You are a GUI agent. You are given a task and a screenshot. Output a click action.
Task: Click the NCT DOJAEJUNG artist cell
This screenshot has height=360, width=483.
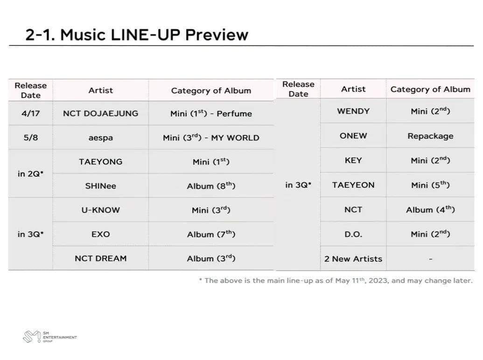click(x=100, y=113)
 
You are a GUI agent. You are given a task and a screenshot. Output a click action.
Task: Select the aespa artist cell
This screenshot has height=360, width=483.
click(x=100, y=138)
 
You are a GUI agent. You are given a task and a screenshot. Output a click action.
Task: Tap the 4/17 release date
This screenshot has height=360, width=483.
click(x=30, y=113)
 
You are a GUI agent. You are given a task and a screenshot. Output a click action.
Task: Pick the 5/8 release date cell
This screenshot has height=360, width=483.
click(x=30, y=138)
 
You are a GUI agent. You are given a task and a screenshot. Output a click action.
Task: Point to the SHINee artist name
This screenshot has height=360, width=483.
click(x=100, y=186)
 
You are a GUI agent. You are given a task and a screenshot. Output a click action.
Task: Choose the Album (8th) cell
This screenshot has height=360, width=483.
click(x=211, y=186)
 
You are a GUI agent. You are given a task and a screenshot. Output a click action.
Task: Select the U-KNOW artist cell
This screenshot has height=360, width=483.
click(x=100, y=210)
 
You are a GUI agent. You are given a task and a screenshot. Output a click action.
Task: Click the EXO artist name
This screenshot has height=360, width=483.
click(x=100, y=235)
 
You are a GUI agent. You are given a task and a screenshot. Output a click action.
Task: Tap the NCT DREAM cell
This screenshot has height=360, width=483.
click(x=100, y=258)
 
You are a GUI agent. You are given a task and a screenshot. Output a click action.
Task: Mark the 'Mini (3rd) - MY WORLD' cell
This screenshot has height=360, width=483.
click(x=211, y=138)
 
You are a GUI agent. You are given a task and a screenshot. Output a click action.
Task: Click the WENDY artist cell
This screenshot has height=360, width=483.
click(x=353, y=111)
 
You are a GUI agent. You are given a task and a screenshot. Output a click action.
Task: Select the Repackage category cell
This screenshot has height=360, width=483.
click(x=430, y=136)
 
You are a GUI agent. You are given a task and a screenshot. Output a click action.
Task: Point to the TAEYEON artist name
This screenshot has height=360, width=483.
click(x=353, y=185)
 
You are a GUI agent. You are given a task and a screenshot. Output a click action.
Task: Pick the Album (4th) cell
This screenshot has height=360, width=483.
click(x=430, y=210)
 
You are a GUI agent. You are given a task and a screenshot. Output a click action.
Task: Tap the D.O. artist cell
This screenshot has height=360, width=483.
click(x=353, y=235)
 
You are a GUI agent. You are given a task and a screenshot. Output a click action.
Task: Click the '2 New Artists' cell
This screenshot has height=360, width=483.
click(x=353, y=259)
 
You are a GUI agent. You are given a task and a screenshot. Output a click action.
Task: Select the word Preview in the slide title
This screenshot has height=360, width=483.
click(x=217, y=35)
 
